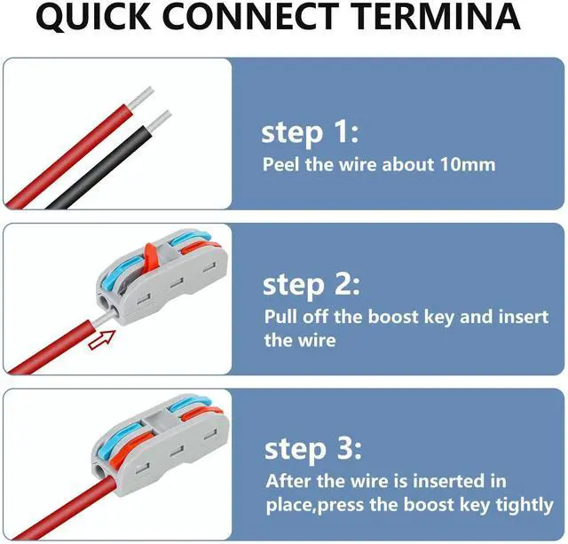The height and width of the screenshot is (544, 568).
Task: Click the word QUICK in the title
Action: pyautogui.click(x=93, y=17)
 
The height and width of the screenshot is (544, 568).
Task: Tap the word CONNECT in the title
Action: pyautogui.click(x=250, y=16)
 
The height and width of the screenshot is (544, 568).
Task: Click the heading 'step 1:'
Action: pyautogui.click(x=310, y=133)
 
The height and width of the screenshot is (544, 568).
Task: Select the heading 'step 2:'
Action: pyautogui.click(x=312, y=286)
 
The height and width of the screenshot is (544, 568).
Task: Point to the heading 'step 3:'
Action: pyautogui.click(x=313, y=450)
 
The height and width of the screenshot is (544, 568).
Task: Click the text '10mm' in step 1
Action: pyautogui.click(x=468, y=165)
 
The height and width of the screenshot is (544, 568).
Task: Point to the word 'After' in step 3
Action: pyautogui.click(x=288, y=481)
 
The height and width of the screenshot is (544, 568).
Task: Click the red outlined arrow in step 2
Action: pyautogui.click(x=102, y=340)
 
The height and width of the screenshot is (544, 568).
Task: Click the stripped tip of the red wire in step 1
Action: pyautogui.click(x=140, y=99)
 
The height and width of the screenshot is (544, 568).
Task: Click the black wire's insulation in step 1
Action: pyautogui.click(x=99, y=168)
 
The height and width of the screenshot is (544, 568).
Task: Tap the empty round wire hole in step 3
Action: pyautogui.click(x=99, y=471)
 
